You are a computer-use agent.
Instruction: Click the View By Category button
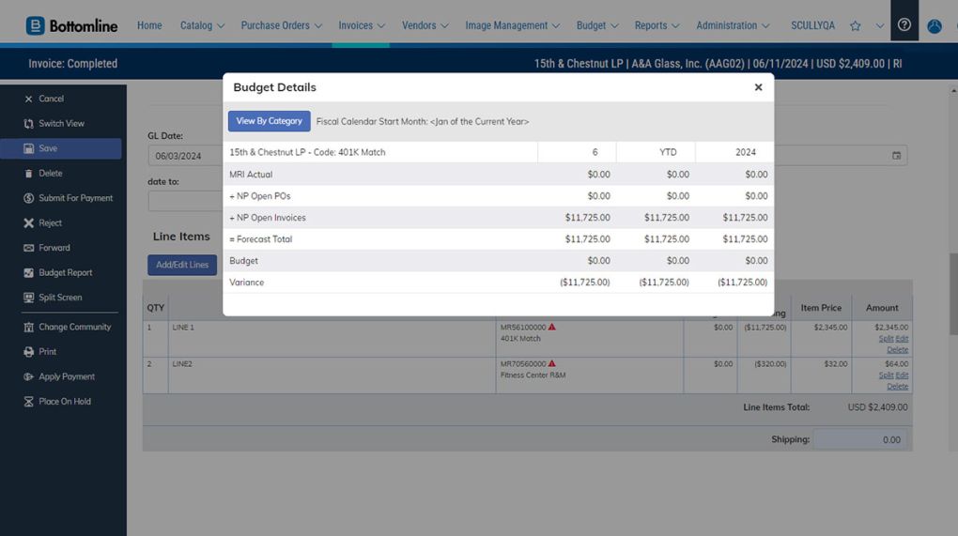click(x=269, y=121)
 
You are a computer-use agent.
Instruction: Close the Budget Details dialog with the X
click(x=758, y=87)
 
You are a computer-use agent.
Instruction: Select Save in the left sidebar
click(x=48, y=148)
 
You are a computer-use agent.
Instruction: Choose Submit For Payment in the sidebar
click(x=75, y=198)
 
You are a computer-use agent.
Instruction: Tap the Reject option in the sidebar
click(x=50, y=223)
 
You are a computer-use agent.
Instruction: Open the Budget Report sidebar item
click(x=65, y=273)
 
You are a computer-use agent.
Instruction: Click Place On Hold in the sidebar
click(x=64, y=402)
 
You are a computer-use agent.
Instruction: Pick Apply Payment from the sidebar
click(x=66, y=376)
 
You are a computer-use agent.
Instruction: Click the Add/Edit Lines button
click(x=182, y=265)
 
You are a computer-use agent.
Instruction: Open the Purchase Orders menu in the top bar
click(x=281, y=25)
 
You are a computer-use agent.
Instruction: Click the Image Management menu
click(x=512, y=25)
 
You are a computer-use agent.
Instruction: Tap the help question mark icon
click(x=904, y=25)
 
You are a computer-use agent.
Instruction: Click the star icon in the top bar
click(x=855, y=26)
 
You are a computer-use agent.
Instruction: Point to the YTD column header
click(x=656, y=152)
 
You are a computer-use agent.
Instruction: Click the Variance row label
click(x=247, y=283)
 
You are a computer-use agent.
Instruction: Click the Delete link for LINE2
click(x=898, y=386)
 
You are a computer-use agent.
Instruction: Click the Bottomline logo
click(x=72, y=25)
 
